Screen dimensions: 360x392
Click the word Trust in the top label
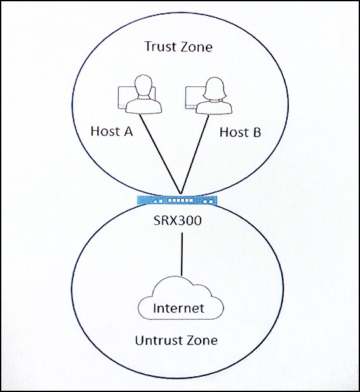(x=160, y=47)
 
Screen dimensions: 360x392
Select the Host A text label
(x=112, y=132)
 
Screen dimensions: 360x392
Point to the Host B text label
(x=241, y=132)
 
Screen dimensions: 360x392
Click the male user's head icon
(x=143, y=86)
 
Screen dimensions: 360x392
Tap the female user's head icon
(x=215, y=88)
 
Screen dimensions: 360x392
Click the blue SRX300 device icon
(x=177, y=200)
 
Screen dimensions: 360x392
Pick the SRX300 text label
(x=177, y=220)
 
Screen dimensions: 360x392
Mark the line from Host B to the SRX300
(x=195, y=154)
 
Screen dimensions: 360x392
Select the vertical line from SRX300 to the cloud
(x=182, y=254)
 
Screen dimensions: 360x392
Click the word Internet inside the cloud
(x=178, y=308)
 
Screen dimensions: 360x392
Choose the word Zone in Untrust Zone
(x=201, y=341)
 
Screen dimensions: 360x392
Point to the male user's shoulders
(x=143, y=105)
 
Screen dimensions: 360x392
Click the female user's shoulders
(x=214, y=107)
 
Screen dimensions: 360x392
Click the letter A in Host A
(x=127, y=132)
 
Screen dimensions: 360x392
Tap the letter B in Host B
(x=257, y=132)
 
